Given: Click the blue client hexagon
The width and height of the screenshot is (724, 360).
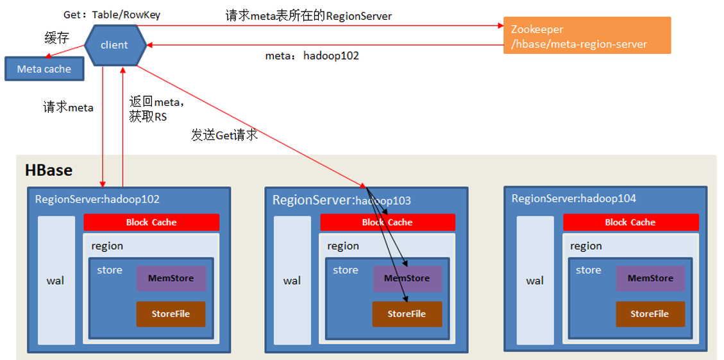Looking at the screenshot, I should pos(114,45).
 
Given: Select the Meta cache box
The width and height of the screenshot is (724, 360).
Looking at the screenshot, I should pos(44,69).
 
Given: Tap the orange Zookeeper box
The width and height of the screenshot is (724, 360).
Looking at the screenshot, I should pos(587,36).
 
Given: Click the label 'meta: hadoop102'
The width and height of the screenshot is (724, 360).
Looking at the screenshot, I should pos(312,56).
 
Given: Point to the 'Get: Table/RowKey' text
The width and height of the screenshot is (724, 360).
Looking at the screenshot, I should pos(112,14).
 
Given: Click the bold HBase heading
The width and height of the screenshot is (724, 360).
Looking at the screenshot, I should pos(49,171).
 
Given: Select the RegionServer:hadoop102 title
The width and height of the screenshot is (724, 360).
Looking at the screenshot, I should pos(97,199).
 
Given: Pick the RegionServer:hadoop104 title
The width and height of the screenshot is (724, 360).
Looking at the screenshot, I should pos(574,198).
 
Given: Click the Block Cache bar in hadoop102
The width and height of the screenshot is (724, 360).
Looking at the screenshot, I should pos(151,222).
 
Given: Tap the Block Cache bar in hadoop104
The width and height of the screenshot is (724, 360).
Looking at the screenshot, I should pos(630,222).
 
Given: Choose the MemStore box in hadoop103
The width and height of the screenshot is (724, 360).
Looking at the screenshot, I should pos(407,279).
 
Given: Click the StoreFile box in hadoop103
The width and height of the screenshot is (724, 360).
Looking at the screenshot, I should pos(407,314).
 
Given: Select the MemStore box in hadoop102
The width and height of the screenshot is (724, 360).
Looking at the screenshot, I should pos(171,279).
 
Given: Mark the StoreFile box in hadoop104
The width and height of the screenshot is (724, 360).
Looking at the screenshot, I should pos(650,314).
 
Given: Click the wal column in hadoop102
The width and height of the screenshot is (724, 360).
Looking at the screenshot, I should pos(56,280).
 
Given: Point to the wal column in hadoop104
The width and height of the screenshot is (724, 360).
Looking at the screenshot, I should pos(535,280).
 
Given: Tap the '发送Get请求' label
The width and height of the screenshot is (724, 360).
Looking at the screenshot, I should pos(224,135).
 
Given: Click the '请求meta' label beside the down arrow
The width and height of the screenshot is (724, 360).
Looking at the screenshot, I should pos(68,108).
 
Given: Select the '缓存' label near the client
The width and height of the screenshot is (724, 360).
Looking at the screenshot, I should pos(56,38).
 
